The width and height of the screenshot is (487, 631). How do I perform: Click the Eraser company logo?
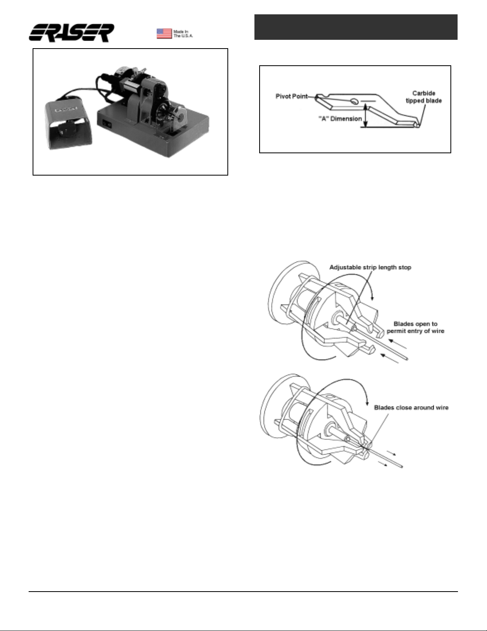71,33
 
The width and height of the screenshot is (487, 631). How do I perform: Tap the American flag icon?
164,33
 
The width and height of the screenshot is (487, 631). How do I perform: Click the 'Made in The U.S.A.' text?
183,34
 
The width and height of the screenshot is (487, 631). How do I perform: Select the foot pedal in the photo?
68,125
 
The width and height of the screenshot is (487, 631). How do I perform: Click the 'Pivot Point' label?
291,96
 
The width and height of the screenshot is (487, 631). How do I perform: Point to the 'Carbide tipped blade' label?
423,97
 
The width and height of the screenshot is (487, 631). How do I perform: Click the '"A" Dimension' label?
340,119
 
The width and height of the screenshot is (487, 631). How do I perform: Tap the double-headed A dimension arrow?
365,116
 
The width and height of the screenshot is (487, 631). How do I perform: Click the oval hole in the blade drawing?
354,102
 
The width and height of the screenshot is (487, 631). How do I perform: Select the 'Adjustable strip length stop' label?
370,267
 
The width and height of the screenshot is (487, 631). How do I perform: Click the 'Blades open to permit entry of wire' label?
415,327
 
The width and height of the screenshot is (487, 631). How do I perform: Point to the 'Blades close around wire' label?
411,408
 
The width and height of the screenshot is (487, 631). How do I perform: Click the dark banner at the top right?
356,27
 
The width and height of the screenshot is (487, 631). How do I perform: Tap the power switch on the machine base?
107,124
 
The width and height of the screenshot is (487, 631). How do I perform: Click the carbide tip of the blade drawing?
417,125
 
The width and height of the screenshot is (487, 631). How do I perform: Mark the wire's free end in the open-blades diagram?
407,359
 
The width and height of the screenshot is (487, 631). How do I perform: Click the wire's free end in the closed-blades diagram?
402,467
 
